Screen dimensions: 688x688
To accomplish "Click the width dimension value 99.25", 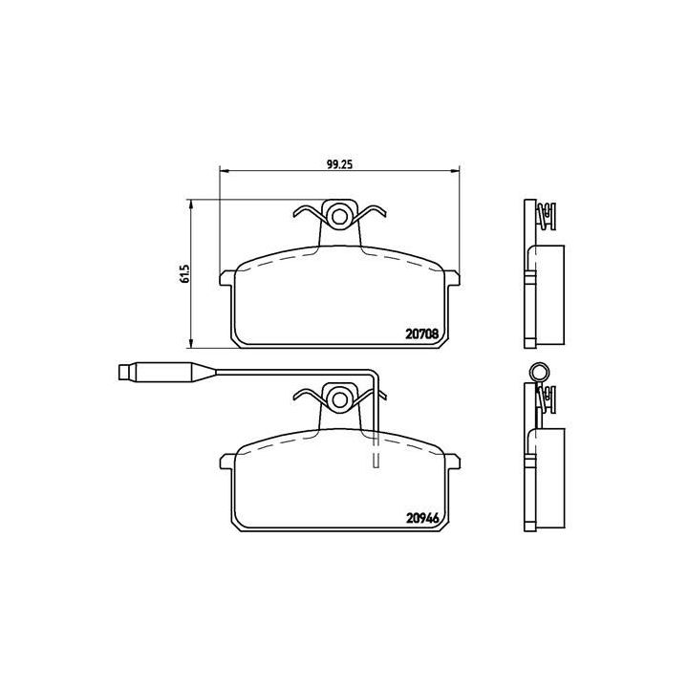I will pos(340,163).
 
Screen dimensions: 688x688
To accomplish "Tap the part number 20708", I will pos(421,334).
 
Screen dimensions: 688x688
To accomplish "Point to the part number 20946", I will pos(421,522).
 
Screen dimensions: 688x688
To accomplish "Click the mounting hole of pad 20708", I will pos(339,215).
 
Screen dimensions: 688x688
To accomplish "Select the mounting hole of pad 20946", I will pos(339,397).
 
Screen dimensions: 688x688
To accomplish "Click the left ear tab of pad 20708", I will pos(227,278).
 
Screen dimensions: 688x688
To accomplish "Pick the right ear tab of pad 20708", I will pos(452,278).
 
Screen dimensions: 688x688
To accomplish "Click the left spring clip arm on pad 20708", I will pos(308,214).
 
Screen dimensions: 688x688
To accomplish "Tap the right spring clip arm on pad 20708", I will pos(371,214).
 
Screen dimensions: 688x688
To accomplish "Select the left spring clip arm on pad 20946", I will pos(308,396).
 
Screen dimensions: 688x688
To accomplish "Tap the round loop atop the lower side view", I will pos(540,373).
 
